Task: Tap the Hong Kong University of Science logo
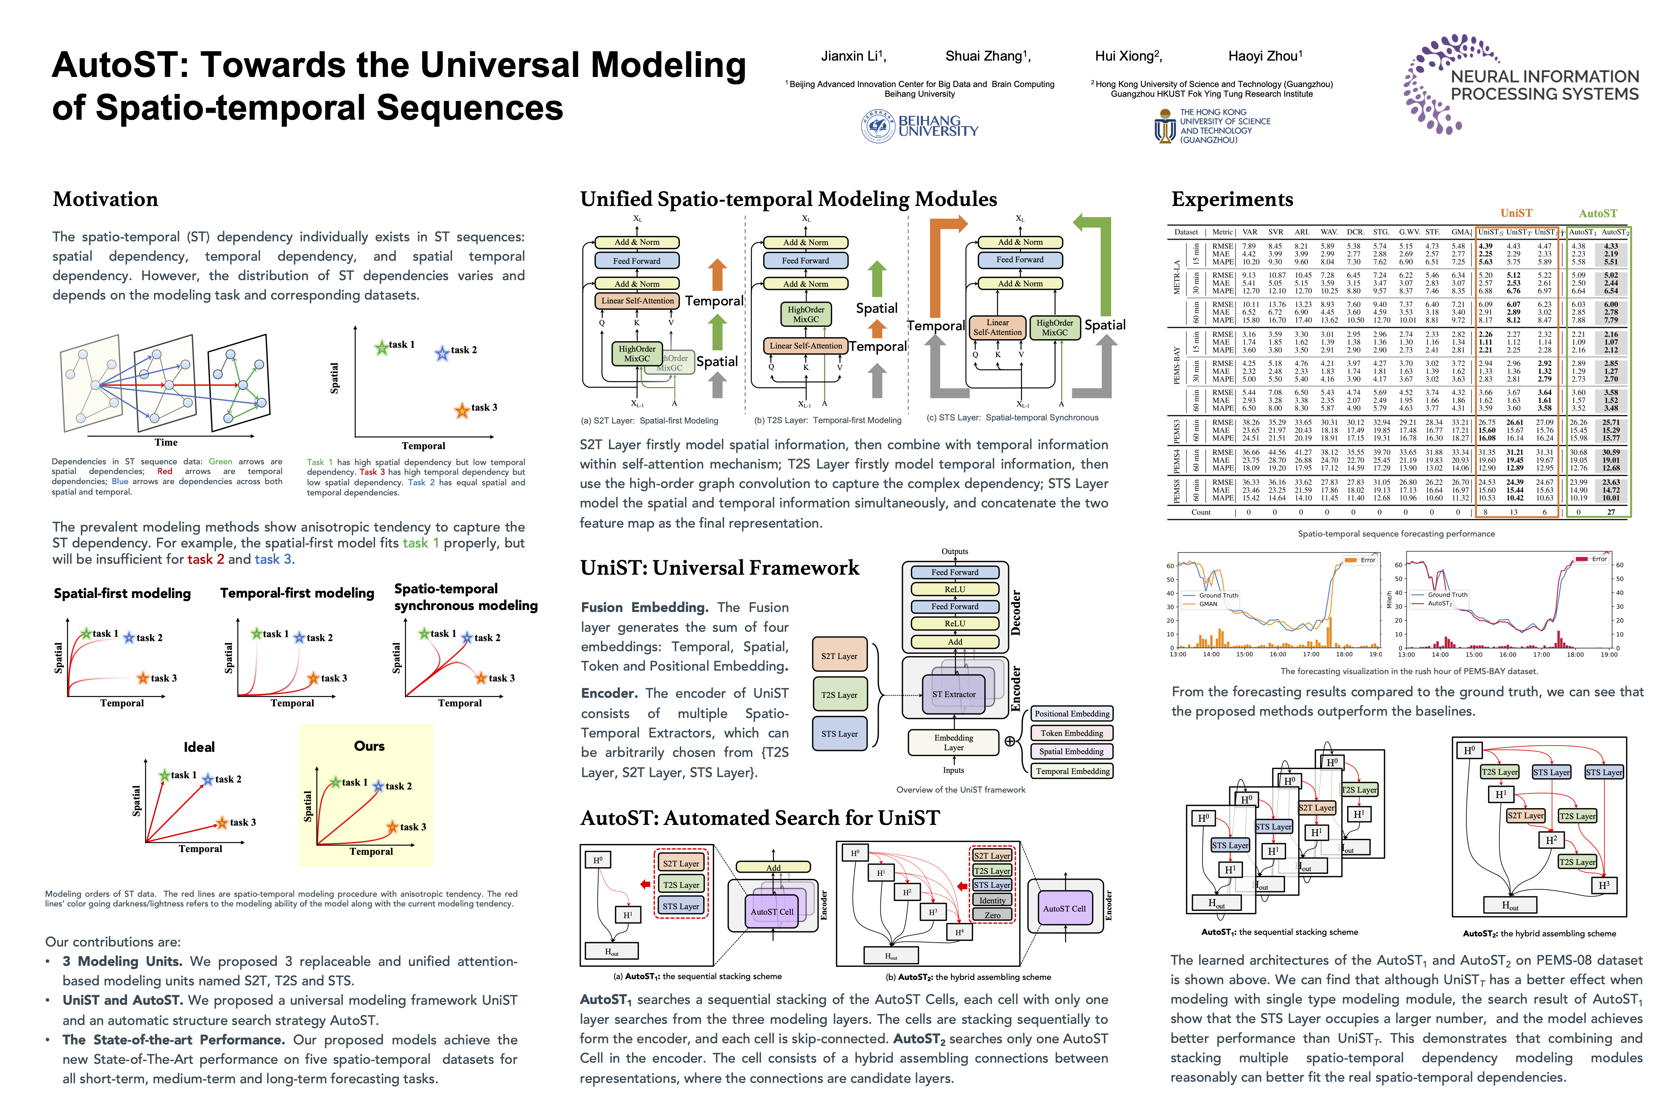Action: (1212, 126)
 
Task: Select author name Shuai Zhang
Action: (987, 56)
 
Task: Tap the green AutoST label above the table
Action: (1598, 213)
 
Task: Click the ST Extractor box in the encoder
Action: (954, 694)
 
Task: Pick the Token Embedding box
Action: (1072, 733)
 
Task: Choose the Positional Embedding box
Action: (1072, 714)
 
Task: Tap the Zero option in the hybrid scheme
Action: (992, 915)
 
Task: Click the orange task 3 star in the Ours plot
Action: (392, 827)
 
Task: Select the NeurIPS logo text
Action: (1545, 85)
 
